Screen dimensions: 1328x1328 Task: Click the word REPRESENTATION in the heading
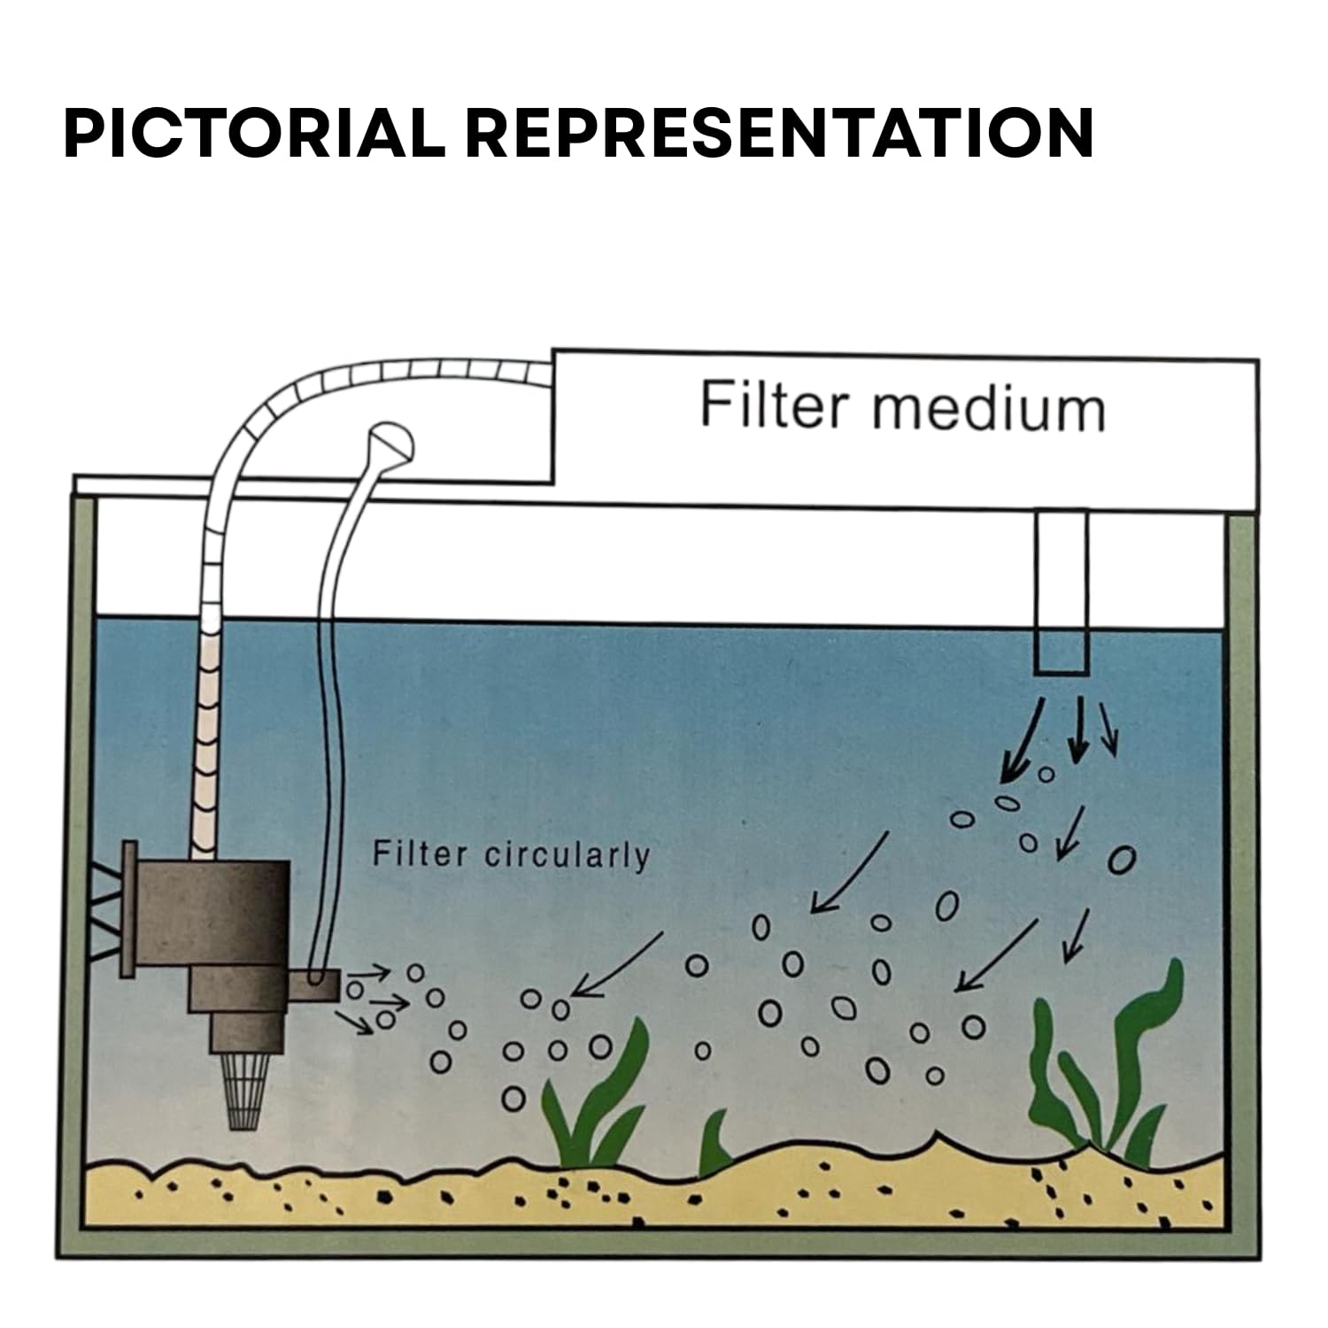pos(779,134)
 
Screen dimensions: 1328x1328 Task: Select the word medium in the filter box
pos(989,406)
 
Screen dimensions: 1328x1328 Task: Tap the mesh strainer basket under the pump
pos(245,1093)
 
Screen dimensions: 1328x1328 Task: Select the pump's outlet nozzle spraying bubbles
pos(315,984)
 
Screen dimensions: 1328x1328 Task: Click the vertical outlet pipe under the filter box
pos(1062,591)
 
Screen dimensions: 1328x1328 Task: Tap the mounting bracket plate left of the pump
pos(129,907)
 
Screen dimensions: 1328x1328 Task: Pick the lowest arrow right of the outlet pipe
pos(1074,935)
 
